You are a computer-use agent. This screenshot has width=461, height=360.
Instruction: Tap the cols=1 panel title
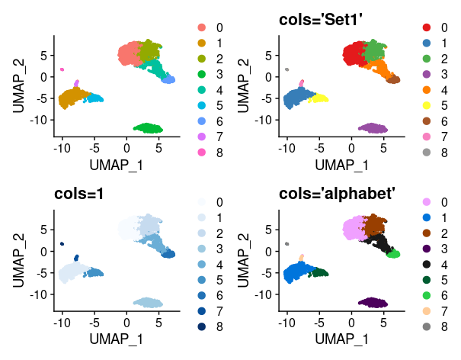[x=79, y=194]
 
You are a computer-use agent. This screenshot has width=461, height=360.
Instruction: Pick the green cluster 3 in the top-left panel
[x=149, y=128]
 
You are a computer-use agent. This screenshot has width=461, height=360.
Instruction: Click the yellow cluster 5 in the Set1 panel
[x=317, y=99]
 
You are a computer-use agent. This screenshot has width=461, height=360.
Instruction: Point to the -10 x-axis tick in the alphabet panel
[x=287, y=323]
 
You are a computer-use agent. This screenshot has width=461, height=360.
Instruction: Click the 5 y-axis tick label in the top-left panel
[x=43, y=55]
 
